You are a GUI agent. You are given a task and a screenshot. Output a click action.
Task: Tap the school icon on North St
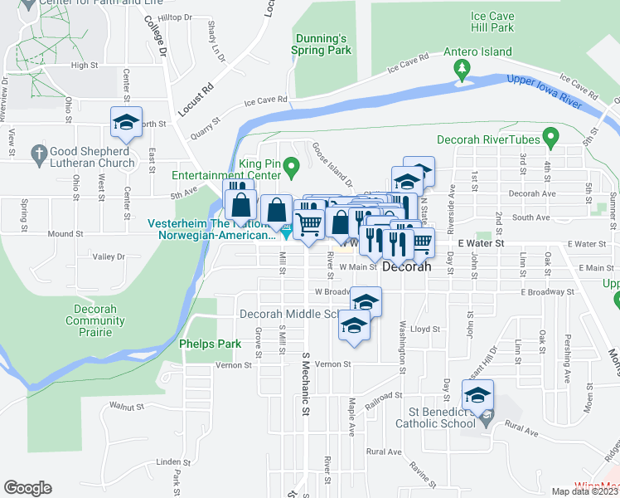click(x=126, y=122)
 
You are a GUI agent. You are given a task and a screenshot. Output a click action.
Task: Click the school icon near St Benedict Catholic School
click(x=477, y=395)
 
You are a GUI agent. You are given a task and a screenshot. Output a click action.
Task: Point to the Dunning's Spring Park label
click(x=321, y=44)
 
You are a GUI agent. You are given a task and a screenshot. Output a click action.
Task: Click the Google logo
click(x=27, y=488)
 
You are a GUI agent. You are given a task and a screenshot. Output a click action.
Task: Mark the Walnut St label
click(x=127, y=407)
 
